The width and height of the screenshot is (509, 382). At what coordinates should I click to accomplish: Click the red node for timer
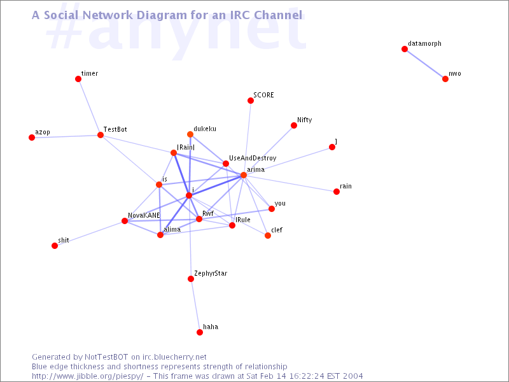point(78,79)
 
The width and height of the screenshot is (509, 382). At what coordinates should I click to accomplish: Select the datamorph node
point(405,49)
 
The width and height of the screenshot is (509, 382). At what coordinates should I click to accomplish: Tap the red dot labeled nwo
point(445,79)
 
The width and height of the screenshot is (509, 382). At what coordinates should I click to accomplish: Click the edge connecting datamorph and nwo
point(425,64)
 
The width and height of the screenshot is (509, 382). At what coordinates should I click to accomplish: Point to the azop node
point(32,138)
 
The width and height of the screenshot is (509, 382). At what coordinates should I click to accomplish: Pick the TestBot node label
point(115,129)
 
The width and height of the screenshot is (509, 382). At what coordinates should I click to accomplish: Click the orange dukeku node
point(190,134)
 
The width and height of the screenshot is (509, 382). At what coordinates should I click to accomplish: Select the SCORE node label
point(263,95)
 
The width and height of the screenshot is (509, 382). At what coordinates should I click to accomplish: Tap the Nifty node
point(294,125)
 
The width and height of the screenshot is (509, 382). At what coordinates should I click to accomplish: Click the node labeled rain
point(337,192)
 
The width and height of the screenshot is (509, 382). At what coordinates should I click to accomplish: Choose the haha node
point(200,332)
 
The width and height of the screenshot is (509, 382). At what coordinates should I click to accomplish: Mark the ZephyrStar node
point(191,279)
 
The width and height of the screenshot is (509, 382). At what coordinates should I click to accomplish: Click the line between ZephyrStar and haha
point(195,306)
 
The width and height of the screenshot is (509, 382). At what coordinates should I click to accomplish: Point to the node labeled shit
point(55,246)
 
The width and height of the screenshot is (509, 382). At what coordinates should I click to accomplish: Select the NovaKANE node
point(125,221)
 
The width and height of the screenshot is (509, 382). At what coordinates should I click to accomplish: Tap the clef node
point(268,236)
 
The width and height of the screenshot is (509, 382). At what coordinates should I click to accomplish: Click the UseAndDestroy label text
point(253,158)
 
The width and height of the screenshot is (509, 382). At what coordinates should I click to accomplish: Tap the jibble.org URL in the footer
point(88,376)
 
